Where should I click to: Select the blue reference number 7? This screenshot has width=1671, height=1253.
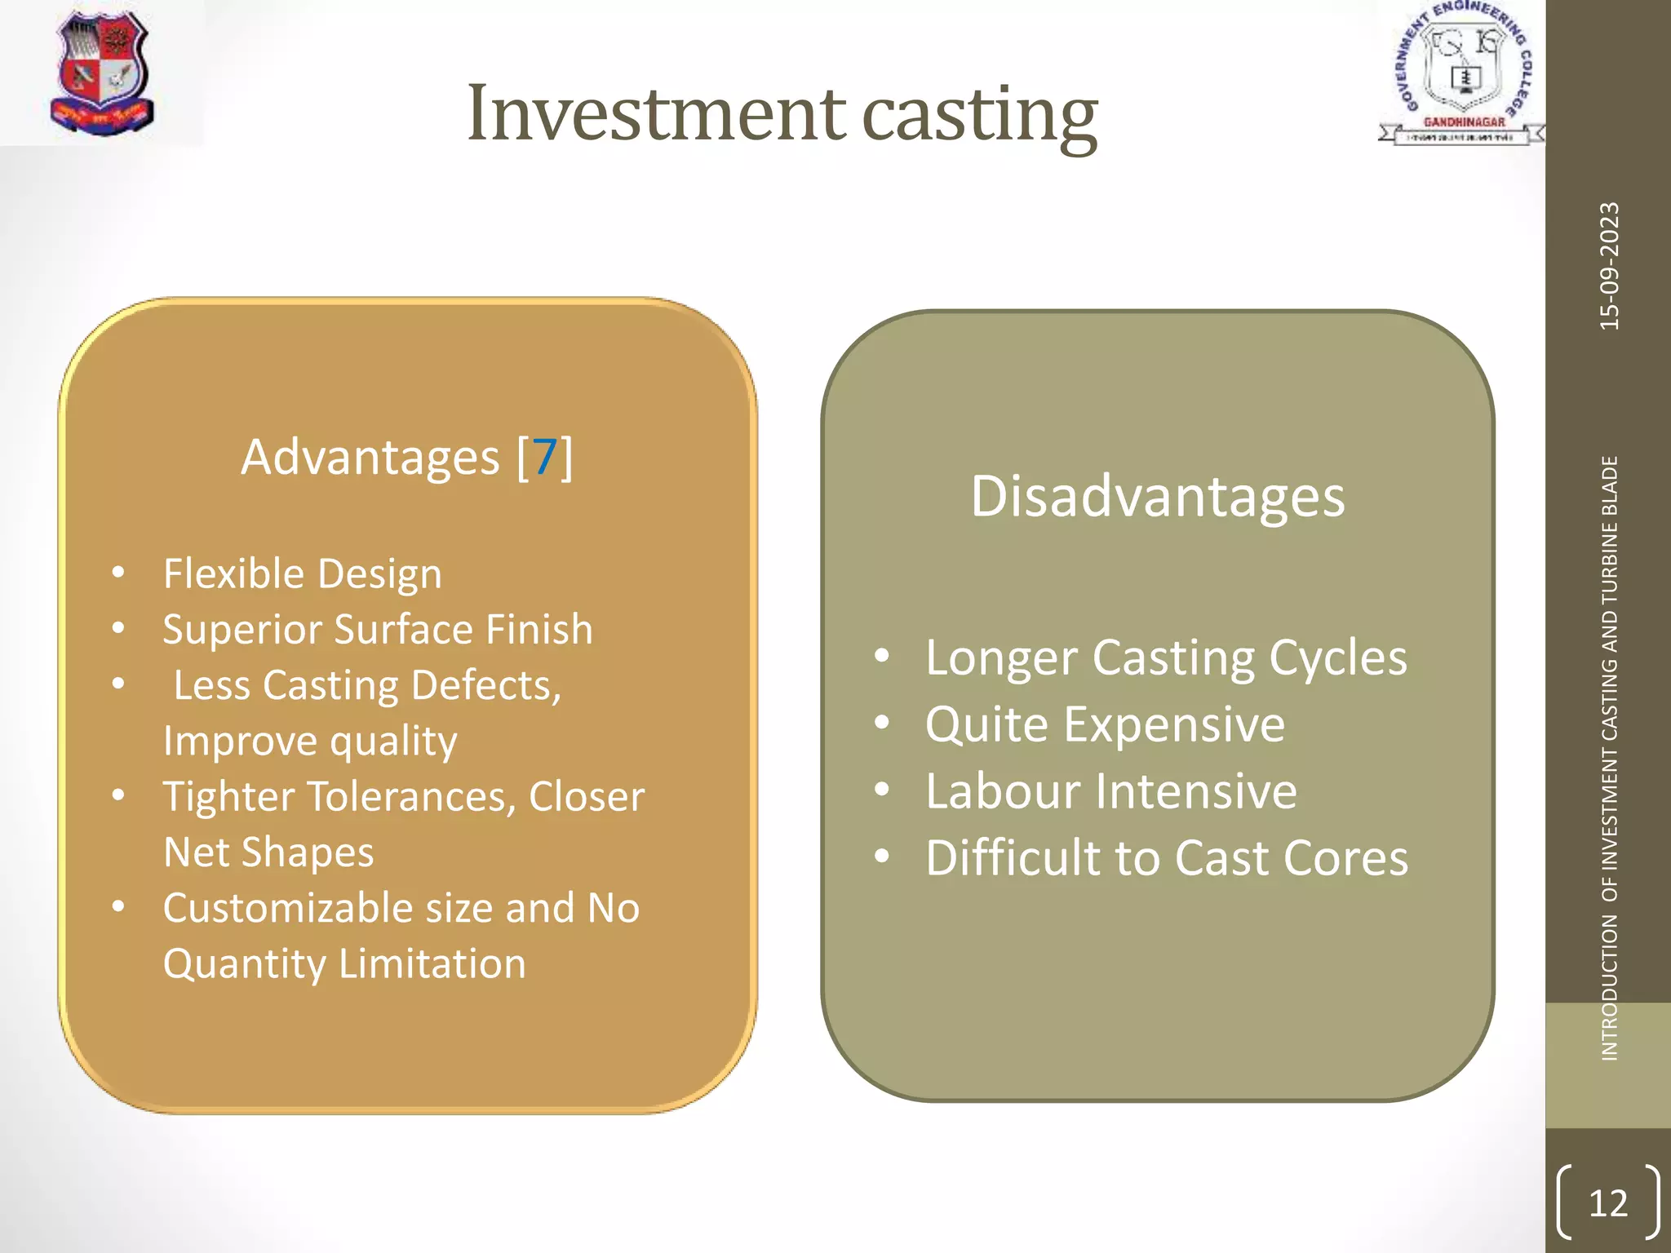[x=545, y=457]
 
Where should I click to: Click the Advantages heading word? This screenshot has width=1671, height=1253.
[x=370, y=457]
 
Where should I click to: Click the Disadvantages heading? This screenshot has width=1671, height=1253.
[x=1157, y=496]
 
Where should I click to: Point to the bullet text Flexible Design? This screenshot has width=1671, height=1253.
[x=302, y=573]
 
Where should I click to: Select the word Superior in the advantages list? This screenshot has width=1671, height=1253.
[x=242, y=630]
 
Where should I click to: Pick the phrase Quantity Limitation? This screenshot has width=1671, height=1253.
[x=344, y=964]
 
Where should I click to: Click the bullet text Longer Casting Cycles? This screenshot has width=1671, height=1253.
[x=1165, y=657]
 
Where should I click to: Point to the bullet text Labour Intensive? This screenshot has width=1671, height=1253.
[x=1110, y=791]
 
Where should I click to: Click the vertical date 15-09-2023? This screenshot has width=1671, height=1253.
[x=1609, y=266]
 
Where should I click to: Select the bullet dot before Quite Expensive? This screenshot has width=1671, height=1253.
[x=881, y=723]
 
